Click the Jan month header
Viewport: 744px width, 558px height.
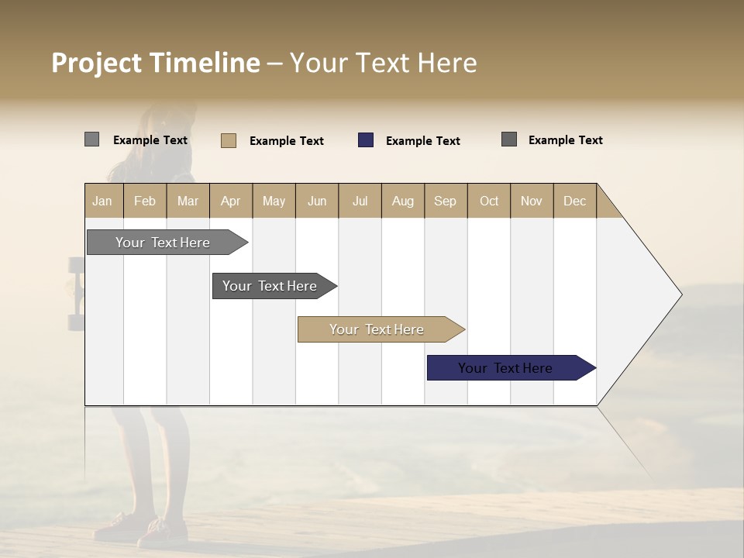pos(103,201)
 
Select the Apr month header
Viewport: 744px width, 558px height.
pos(231,201)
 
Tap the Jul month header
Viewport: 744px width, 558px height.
pos(360,201)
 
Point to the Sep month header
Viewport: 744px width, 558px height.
pos(445,201)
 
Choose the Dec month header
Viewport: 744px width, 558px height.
pos(574,201)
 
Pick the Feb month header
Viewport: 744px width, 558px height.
pos(145,201)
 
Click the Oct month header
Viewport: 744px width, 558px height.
pos(489,201)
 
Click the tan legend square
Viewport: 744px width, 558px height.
pos(229,140)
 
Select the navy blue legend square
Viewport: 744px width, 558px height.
pos(366,140)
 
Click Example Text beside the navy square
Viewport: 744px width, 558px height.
pos(422,141)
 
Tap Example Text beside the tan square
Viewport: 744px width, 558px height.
pos(286,141)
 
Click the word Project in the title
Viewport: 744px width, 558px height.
pos(97,63)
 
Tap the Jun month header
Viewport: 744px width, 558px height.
pos(317,201)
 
